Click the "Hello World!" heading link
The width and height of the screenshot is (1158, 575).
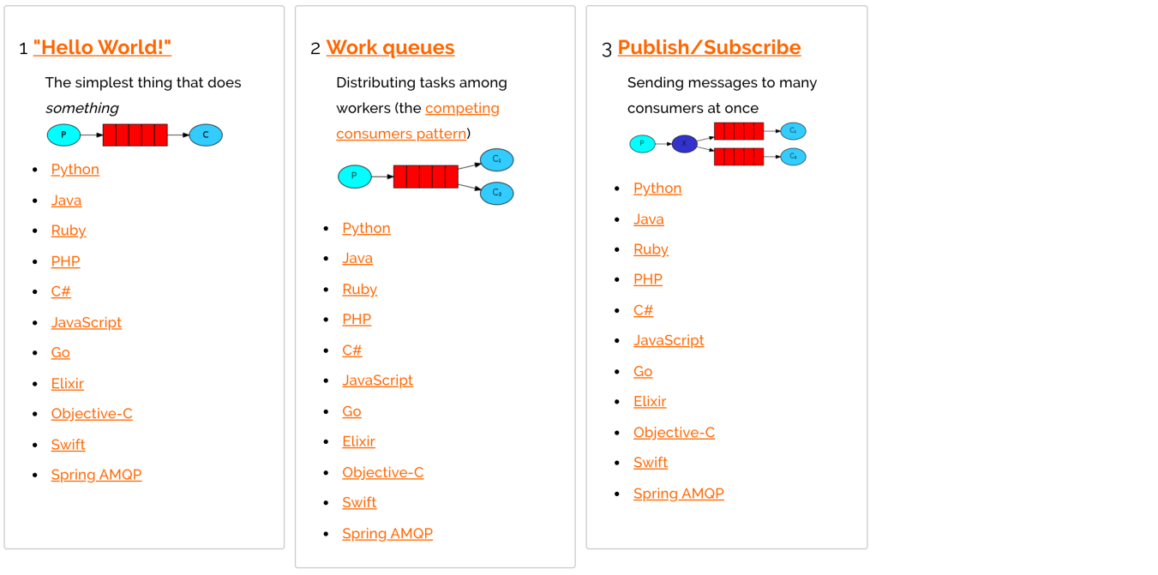click(102, 47)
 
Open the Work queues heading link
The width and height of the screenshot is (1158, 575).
click(390, 47)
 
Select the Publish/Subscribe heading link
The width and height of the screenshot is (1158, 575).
click(709, 47)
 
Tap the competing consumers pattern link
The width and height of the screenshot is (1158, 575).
click(417, 121)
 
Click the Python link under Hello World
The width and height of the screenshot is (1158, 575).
click(75, 170)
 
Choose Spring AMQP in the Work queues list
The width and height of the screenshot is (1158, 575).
click(387, 533)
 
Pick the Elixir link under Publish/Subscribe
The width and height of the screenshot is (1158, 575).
click(650, 401)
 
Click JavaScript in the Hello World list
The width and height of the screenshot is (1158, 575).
click(87, 322)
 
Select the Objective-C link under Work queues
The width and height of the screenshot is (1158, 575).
click(382, 472)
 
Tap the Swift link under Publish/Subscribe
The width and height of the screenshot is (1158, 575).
click(651, 463)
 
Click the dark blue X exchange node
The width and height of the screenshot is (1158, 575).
click(685, 144)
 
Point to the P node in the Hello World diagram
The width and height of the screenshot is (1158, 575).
click(63, 135)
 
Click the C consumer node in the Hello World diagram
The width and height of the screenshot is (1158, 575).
click(206, 135)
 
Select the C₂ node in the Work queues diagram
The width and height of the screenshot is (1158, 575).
click(497, 193)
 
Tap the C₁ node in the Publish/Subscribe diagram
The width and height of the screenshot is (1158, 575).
click(793, 131)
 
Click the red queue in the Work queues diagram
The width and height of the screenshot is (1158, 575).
click(425, 177)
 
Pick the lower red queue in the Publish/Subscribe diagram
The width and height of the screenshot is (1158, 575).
click(739, 157)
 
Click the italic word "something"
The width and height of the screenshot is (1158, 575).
click(82, 108)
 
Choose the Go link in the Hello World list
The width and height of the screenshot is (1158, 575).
click(61, 353)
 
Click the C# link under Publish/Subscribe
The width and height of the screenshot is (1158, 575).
click(643, 310)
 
